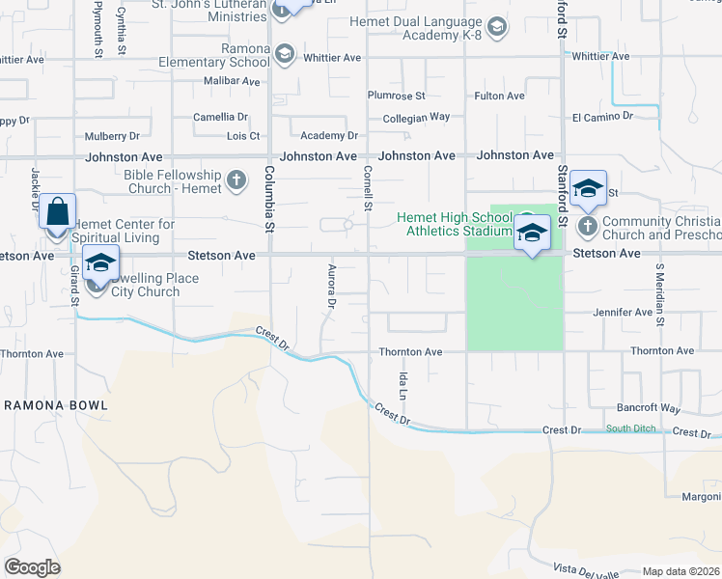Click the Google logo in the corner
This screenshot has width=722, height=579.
(x=32, y=567)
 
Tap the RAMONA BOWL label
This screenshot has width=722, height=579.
(x=56, y=405)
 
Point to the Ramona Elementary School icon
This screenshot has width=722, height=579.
(x=284, y=55)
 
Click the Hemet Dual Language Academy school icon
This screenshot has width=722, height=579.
(x=496, y=27)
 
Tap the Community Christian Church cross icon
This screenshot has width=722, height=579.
(x=587, y=227)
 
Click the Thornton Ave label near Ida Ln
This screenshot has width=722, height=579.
(x=410, y=352)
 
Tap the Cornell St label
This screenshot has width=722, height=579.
(x=368, y=187)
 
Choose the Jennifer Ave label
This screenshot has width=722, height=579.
(x=623, y=313)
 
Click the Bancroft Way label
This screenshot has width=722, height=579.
(x=649, y=408)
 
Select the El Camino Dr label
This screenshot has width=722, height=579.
(x=602, y=116)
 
